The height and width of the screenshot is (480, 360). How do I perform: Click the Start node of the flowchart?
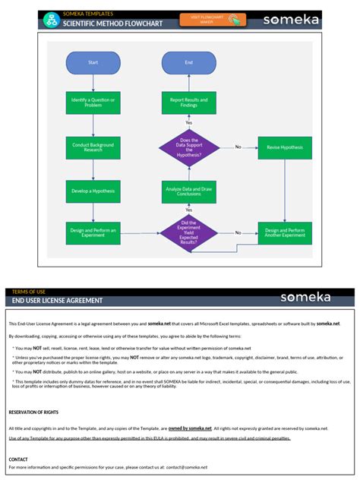click(x=93, y=62)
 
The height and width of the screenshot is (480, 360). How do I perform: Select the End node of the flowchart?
click(x=188, y=62)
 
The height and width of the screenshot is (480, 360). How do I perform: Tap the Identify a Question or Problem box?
click(x=93, y=102)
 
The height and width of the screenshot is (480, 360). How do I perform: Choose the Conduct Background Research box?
click(x=93, y=147)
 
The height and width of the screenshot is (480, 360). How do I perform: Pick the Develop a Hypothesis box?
click(x=93, y=191)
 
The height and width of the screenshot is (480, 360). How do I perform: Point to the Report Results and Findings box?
click(x=188, y=102)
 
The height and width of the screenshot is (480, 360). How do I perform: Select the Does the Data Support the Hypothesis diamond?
click(x=188, y=147)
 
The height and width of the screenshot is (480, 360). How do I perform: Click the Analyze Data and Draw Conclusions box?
click(x=188, y=191)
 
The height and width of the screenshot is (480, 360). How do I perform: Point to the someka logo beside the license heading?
click(x=306, y=297)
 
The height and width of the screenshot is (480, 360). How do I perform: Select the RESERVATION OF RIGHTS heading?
click(x=34, y=412)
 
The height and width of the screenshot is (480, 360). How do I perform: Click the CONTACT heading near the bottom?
click(x=18, y=459)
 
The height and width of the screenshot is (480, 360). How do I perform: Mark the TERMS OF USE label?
click(x=28, y=292)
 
